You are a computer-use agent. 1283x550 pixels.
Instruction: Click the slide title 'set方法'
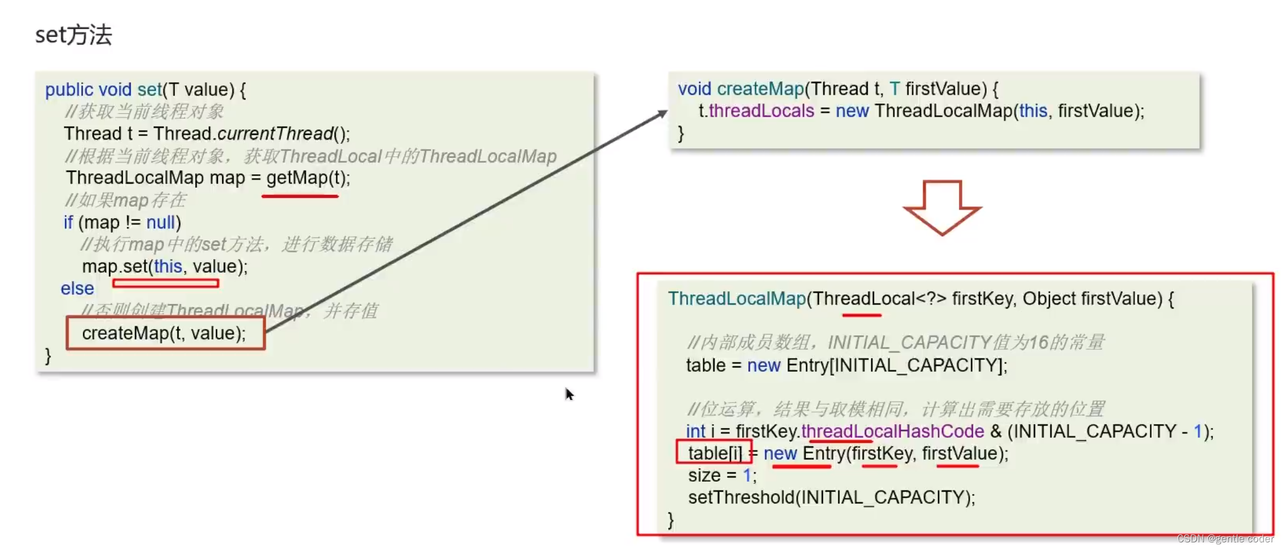point(73,35)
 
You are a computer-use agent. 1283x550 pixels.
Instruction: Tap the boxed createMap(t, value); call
point(164,333)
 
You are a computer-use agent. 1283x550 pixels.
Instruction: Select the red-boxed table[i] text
point(715,453)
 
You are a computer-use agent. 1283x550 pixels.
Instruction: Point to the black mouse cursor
point(569,394)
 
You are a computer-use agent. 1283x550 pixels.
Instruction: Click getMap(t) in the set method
point(307,178)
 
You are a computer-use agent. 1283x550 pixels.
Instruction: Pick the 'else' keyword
point(77,289)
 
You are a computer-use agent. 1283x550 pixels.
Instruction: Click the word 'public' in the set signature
point(69,90)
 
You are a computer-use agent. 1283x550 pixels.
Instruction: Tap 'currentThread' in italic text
point(275,134)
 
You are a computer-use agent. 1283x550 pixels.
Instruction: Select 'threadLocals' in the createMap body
point(761,111)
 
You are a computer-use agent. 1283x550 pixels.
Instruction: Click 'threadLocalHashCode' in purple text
point(892,431)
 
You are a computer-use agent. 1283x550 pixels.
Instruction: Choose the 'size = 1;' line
point(722,475)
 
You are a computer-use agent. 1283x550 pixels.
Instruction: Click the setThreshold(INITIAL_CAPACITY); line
point(831,498)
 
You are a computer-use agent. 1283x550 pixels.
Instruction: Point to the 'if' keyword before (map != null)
point(68,223)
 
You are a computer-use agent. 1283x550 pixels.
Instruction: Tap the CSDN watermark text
point(1225,539)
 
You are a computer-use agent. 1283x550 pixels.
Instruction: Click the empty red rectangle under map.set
point(166,283)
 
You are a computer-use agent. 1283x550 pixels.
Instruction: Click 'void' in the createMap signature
point(694,89)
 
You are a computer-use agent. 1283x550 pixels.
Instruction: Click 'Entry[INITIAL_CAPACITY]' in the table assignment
point(895,366)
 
